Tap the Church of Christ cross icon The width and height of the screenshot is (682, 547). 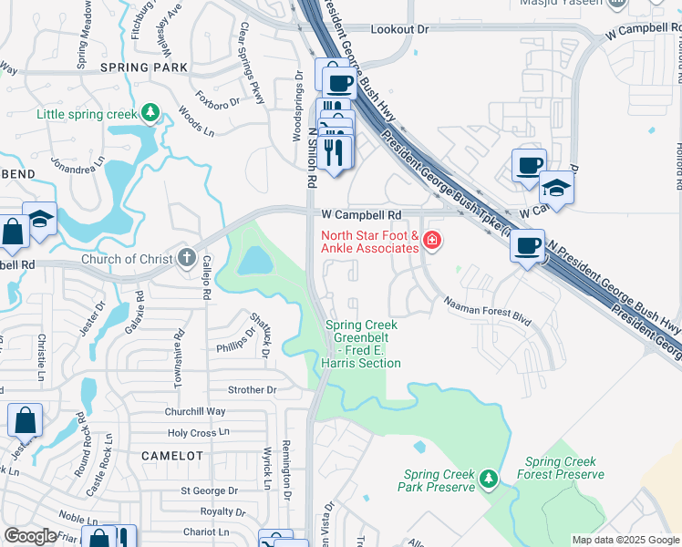[187, 258]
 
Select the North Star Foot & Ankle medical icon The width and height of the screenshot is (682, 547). [432, 242]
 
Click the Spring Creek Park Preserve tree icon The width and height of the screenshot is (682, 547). [489, 479]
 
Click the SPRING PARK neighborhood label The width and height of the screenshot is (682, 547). [144, 67]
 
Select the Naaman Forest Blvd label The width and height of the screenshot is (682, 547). [487, 310]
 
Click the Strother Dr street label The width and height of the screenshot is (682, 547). [252, 390]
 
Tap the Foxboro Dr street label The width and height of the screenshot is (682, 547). [219, 97]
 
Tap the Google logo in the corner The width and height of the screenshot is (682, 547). [29, 536]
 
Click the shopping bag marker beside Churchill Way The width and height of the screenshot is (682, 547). [25, 420]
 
